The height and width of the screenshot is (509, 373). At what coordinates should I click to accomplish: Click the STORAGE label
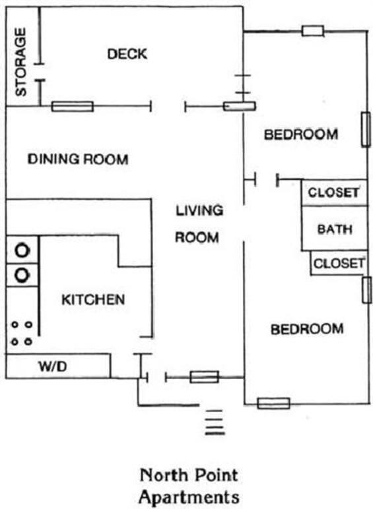[20, 62]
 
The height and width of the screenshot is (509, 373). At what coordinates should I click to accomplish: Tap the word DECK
[127, 54]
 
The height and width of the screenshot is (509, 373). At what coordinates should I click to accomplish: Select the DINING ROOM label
[78, 159]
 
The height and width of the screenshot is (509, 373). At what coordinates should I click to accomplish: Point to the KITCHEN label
[93, 299]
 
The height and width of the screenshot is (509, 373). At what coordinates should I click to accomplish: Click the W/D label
[53, 367]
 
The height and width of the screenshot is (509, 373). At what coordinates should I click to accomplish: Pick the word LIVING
[199, 211]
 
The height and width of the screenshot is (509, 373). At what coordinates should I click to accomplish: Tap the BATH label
[335, 229]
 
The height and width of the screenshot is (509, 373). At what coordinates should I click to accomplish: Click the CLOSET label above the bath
[333, 193]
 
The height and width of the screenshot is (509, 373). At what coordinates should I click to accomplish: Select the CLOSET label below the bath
[339, 263]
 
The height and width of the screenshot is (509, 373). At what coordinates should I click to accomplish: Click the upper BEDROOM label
[301, 135]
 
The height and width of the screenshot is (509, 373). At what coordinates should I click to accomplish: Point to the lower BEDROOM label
[307, 329]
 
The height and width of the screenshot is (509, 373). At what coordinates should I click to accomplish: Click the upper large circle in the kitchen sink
[22, 251]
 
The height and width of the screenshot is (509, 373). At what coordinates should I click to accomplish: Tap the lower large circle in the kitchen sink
[22, 275]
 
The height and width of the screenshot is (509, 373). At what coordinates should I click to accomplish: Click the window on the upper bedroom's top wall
[312, 31]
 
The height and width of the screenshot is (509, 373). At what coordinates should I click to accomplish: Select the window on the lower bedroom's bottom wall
[273, 404]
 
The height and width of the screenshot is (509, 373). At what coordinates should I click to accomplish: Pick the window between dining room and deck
[73, 106]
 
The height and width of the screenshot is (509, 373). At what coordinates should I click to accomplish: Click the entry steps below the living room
[215, 423]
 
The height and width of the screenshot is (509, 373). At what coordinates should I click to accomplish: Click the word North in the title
[164, 475]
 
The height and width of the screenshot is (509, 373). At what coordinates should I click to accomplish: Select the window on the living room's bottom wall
[205, 377]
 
